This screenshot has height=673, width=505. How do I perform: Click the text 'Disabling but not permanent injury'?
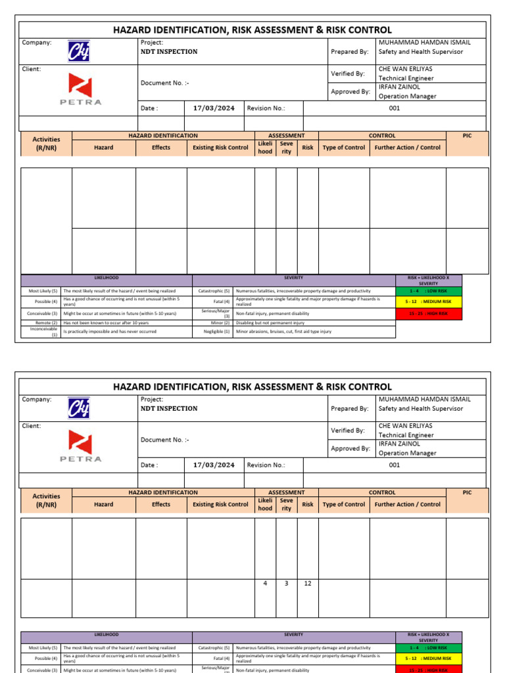click(x=270, y=323)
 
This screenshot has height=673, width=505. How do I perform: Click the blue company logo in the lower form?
click(x=79, y=408)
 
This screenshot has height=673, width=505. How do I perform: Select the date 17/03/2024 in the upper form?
click(x=214, y=108)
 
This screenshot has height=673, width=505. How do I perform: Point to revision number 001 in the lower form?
click(x=395, y=465)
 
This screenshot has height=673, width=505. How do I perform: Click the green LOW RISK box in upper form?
click(x=429, y=290)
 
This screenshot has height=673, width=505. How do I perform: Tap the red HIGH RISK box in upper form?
click(x=429, y=313)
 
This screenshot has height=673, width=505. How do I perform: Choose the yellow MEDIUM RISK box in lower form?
click(x=429, y=658)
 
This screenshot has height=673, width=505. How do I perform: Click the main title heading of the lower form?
click(x=252, y=387)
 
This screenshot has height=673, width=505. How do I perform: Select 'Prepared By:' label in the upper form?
click(x=349, y=51)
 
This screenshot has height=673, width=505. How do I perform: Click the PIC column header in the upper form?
click(x=467, y=135)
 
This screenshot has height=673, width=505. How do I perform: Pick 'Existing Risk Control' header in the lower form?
click(x=220, y=505)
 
